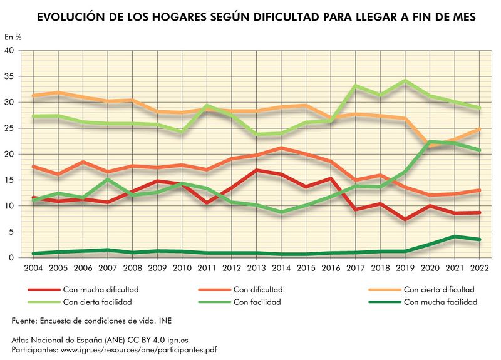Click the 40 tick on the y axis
pos(10,51)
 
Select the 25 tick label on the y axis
pos(10,128)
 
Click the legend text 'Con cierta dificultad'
pos(439,290)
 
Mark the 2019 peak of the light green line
pos(405,81)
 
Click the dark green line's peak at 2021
pos(455,236)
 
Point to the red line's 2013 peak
pos(256,170)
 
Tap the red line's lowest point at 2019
pos(405,219)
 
